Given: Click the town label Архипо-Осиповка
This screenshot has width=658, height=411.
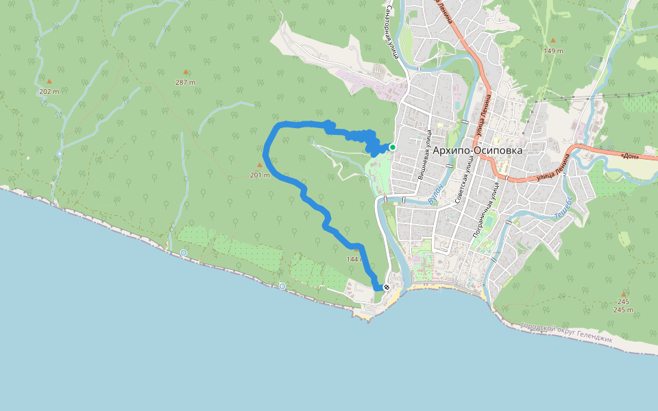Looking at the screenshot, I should pyautogui.click(x=477, y=150).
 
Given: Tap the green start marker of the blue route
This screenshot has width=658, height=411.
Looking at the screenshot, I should pyautogui.click(x=393, y=147).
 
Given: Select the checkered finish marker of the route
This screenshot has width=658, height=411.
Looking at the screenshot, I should pyautogui.click(x=387, y=287).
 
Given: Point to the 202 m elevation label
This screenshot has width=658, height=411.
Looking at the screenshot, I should pyautogui.click(x=49, y=91).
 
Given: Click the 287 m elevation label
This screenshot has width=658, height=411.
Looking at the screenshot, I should pyautogui.click(x=185, y=82).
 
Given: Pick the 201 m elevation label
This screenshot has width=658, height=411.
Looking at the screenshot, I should pyautogui.click(x=260, y=175).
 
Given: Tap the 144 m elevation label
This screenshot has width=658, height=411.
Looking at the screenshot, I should pyautogui.click(x=355, y=260).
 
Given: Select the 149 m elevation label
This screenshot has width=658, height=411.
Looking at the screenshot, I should pyautogui.click(x=553, y=51).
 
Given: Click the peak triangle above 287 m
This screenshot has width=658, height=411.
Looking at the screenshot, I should pyautogui.click(x=185, y=71).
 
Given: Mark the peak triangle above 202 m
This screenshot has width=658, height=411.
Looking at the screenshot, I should pyautogui.click(x=49, y=81).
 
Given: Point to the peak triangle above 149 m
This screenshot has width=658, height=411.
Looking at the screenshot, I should pyautogui.click(x=553, y=40).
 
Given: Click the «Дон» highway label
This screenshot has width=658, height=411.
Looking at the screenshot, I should pyautogui.click(x=630, y=155).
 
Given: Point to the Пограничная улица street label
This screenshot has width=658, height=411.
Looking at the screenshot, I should pyautogui.click(x=485, y=215).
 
